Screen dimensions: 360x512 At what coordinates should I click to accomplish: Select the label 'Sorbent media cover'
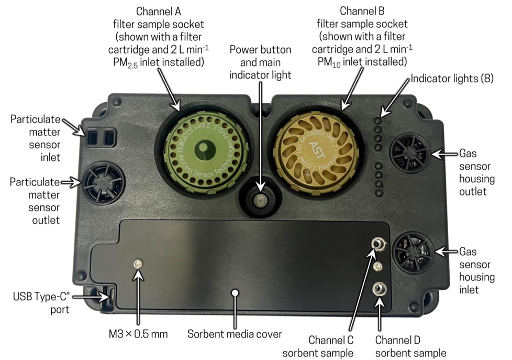235,334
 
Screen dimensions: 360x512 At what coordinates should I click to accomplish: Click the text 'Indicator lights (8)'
452,80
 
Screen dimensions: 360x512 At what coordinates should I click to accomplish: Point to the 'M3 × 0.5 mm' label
137,334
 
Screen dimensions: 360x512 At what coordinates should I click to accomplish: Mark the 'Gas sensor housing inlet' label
476,270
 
